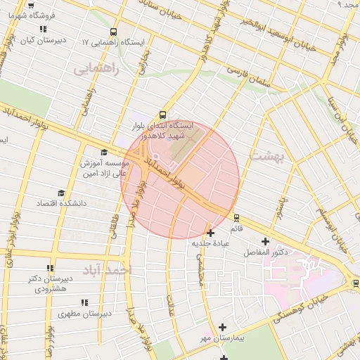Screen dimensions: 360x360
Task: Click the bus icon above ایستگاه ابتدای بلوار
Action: point(163,114)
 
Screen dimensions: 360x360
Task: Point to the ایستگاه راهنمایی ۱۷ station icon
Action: point(114,31)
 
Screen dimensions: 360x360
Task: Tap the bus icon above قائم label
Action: point(236,217)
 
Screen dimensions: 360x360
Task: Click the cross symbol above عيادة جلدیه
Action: point(211,233)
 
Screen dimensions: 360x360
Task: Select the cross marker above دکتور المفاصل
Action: point(265,242)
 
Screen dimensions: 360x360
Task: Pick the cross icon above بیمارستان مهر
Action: point(222,327)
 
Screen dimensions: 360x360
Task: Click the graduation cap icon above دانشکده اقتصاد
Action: point(61,193)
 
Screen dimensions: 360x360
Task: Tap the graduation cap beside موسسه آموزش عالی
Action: point(105,152)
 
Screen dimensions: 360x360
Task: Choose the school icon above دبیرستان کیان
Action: point(43,30)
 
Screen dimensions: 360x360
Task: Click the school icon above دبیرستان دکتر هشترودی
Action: point(49,268)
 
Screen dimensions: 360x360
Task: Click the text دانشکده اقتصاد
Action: point(62,202)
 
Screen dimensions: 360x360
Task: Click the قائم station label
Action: point(236,228)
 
